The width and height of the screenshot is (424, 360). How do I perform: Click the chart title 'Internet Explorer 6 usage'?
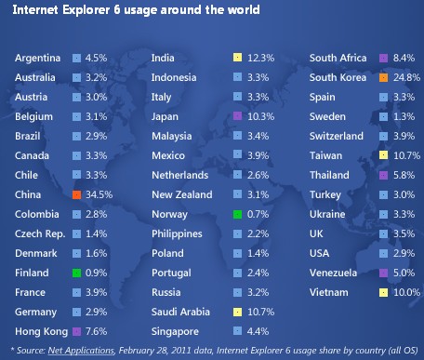pyautogui.click(x=136, y=10)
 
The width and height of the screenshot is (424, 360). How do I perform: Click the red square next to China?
pyautogui.click(x=77, y=194)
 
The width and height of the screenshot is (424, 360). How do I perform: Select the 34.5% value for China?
pyautogui.click(x=99, y=194)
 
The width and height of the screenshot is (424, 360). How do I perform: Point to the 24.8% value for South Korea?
pyautogui.click(x=405, y=77)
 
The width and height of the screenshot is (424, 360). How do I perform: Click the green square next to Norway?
pyautogui.click(x=237, y=214)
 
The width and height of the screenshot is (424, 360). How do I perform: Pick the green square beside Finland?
pyautogui.click(x=77, y=273)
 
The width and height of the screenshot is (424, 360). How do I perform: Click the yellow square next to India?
pyautogui.click(x=237, y=58)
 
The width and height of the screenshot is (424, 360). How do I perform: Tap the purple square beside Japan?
pyautogui.click(x=237, y=116)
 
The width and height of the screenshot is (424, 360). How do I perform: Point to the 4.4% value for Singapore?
pyautogui.click(x=257, y=331)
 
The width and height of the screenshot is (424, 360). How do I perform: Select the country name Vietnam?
pyautogui.click(x=330, y=292)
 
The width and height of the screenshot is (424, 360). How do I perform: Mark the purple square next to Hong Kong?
pyautogui.click(x=77, y=331)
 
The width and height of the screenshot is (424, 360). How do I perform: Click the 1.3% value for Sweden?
pyautogui.click(x=404, y=116)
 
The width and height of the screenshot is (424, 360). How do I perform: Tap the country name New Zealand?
pyautogui.click(x=184, y=194)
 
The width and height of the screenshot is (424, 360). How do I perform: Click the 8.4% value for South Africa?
pyautogui.click(x=404, y=58)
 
